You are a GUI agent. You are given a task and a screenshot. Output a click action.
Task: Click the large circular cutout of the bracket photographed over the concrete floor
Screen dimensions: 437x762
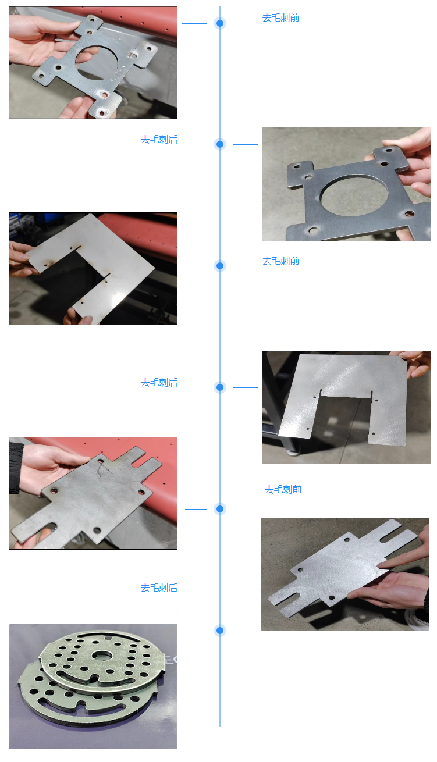(x=354, y=195)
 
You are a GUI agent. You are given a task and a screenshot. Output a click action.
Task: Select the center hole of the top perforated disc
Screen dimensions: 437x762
(x=101, y=654)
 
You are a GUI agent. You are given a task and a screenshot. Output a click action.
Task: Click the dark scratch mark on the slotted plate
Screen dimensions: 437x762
(x=102, y=469)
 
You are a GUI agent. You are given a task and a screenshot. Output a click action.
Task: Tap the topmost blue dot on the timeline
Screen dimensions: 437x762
(x=220, y=23)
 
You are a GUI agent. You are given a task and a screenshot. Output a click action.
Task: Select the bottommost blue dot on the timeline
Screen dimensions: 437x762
(x=220, y=631)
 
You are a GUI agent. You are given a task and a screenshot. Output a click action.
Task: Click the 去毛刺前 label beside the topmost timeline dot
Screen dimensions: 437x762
(x=281, y=17)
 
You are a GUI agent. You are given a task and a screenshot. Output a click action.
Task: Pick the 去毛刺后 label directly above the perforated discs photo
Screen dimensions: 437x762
(x=159, y=587)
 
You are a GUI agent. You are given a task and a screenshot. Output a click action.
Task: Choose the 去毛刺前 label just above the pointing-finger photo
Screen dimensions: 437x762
(x=283, y=489)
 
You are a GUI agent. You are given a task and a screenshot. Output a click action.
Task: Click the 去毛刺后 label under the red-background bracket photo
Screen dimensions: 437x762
(x=159, y=139)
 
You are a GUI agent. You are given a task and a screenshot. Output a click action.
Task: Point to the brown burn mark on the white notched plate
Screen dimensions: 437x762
(x=52, y=262)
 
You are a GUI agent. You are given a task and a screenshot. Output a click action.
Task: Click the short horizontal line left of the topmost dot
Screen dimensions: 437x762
(x=194, y=23)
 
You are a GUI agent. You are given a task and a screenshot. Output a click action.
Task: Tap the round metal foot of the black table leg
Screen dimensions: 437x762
(x=293, y=452)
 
